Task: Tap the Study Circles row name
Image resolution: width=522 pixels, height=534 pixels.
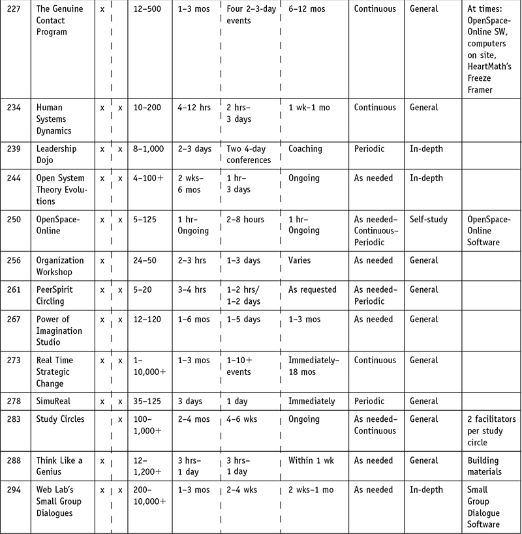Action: pos(60,419)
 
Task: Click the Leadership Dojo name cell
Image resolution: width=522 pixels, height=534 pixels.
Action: pos(56,155)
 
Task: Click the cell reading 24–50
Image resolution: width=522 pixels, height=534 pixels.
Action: pos(147,260)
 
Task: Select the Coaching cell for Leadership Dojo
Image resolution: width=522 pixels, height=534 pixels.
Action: pos(305,149)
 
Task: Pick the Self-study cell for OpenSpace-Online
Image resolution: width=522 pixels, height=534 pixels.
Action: pos(428,219)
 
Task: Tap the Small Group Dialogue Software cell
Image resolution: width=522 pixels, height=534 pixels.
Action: pos(484,507)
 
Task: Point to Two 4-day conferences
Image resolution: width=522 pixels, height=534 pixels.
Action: pos(249,155)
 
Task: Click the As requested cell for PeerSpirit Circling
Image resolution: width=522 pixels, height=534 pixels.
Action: pos(312,289)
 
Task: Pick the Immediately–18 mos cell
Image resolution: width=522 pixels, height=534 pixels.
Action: pos(314,366)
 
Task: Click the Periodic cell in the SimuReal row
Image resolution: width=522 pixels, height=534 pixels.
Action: pos(370,401)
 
